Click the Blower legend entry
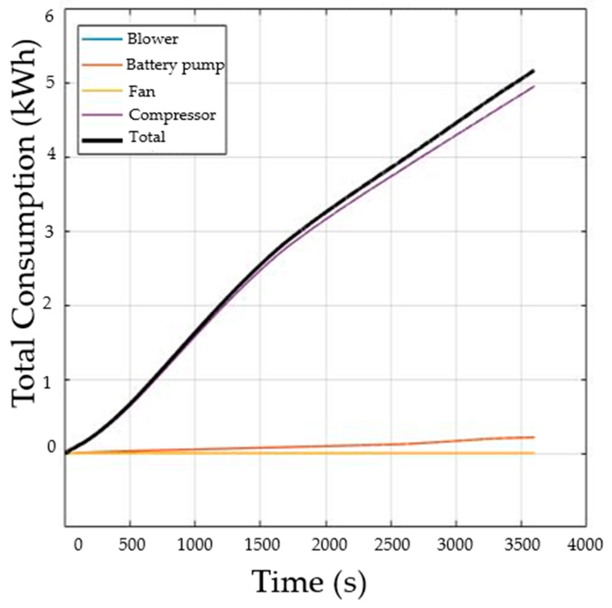(x=152, y=39)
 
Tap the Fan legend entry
(x=142, y=91)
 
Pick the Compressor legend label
(x=172, y=115)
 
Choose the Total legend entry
(x=147, y=137)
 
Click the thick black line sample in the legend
(x=102, y=140)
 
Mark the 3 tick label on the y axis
(x=50, y=231)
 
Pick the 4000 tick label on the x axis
(x=585, y=545)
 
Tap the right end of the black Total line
(x=533, y=70)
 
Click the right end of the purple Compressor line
(x=534, y=86)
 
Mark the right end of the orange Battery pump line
(x=534, y=437)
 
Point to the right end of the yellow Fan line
(x=534, y=453)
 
